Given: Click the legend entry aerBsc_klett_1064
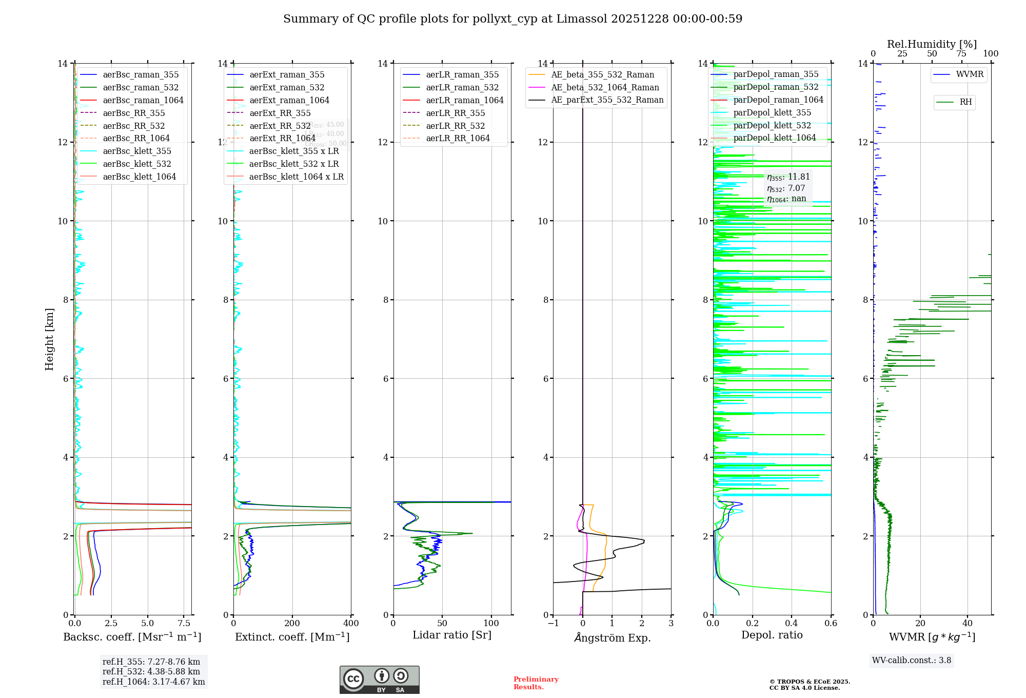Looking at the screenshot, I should coord(139,177).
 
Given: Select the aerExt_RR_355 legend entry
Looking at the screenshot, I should coord(280,113).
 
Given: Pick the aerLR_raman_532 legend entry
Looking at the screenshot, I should coord(462,87).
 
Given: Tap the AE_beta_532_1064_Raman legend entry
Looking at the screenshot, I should coord(605,87).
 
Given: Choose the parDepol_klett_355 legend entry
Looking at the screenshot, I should coord(772,112).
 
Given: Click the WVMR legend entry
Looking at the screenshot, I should coord(970,74).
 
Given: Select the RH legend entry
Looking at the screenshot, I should coord(965,102).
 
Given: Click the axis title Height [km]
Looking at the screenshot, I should coord(49,339).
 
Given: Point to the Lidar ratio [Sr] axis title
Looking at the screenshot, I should coord(452,635).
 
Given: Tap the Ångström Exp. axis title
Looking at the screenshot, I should coord(613,638).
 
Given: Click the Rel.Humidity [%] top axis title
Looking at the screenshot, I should coord(932,44).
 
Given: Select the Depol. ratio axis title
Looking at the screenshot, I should coord(772,635).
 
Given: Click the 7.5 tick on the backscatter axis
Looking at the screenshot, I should coord(184,624).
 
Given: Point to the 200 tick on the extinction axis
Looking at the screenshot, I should coord(292,624).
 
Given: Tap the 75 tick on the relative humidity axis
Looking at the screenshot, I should coord(961,54).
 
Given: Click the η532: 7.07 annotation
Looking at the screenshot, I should coord(786,188).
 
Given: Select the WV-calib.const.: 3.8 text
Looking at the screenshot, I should coord(912,661).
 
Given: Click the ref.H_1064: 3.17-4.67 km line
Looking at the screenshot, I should coord(153,682).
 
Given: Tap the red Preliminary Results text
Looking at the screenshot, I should coord(536,683).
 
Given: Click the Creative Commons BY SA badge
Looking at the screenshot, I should coord(379,680).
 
